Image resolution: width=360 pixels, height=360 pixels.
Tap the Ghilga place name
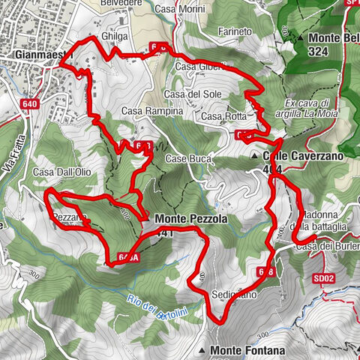tap(118, 35)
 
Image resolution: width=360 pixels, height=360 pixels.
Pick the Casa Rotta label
tap(223, 117)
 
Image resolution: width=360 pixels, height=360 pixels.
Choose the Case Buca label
tap(185, 159)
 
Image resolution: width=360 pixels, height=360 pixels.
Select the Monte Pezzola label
tap(190, 219)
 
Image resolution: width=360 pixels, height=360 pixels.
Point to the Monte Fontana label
tap(247, 350)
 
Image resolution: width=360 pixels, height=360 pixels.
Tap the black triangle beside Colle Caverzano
tap(255, 156)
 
